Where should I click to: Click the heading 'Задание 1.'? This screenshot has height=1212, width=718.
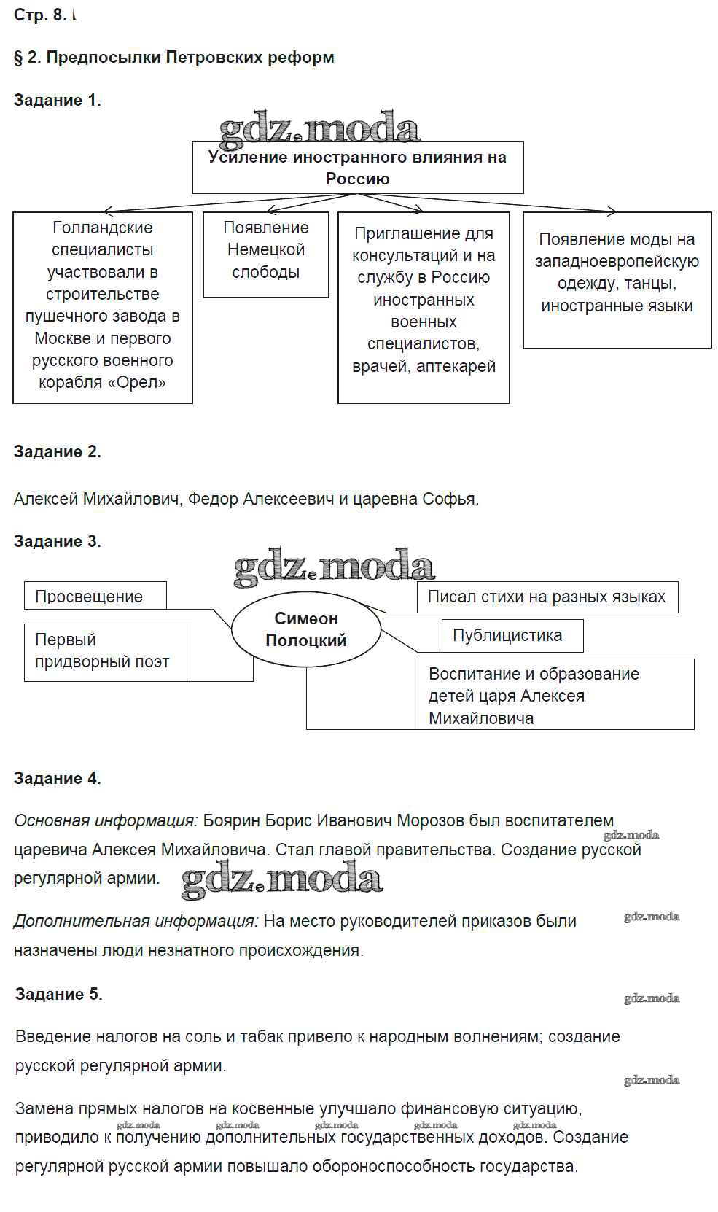(x=57, y=101)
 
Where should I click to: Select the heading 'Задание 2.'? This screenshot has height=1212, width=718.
(x=57, y=452)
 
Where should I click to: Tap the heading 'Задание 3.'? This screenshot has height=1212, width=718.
(x=57, y=542)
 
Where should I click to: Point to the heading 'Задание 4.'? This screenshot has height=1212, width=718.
(x=57, y=779)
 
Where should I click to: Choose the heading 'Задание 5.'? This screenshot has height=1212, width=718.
(x=58, y=995)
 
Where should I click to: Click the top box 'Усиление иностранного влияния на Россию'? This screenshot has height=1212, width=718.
(x=357, y=168)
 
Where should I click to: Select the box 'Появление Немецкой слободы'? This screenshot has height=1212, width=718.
(x=265, y=250)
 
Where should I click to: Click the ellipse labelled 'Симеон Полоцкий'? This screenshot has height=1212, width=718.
(x=306, y=629)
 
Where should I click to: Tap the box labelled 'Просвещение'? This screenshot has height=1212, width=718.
(x=89, y=597)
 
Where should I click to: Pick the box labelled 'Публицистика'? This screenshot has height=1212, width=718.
(x=507, y=635)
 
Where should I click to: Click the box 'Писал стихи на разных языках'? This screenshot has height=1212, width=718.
(x=546, y=597)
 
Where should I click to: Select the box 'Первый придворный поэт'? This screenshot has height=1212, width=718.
(x=102, y=651)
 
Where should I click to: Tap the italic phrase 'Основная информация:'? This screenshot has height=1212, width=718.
(x=106, y=821)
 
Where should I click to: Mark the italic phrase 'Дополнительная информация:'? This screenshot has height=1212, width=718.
(x=136, y=922)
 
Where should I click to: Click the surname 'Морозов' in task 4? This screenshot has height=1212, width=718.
(x=430, y=821)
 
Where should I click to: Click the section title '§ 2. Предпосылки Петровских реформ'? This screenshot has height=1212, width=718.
(x=173, y=58)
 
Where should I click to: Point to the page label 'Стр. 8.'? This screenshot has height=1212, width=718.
(x=40, y=15)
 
